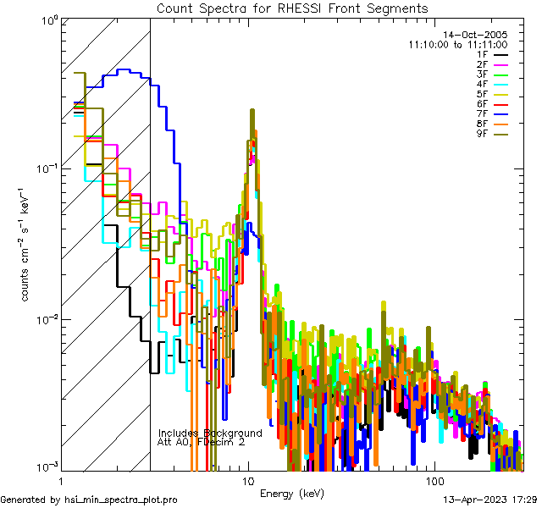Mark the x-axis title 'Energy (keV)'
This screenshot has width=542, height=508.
291,493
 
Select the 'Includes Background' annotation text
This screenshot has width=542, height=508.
210,433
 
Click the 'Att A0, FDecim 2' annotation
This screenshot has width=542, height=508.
202,442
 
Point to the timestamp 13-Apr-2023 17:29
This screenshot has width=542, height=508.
486,500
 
